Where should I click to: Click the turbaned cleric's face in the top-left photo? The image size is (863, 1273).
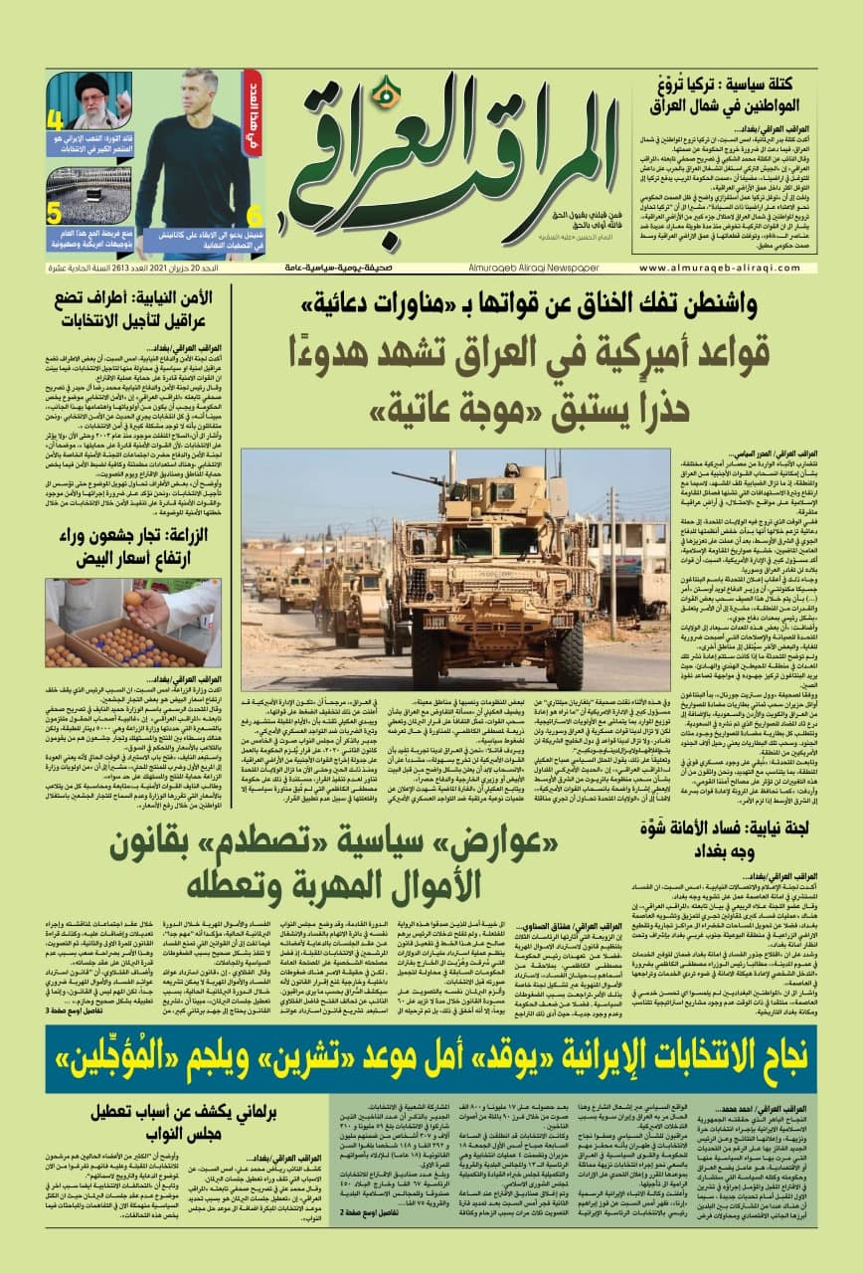click(92, 87)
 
